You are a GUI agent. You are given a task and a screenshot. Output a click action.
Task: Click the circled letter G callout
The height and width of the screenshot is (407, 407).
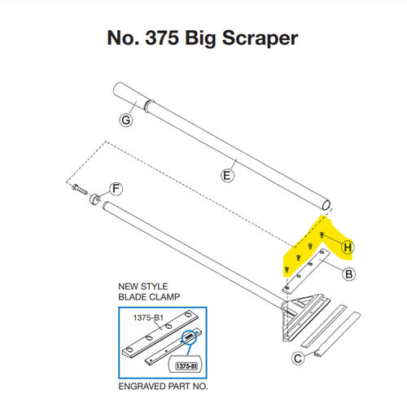[x=125, y=120]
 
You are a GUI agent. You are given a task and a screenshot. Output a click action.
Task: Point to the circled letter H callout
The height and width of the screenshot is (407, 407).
[x=348, y=247]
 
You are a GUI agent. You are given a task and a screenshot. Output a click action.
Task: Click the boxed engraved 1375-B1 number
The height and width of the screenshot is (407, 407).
[x=186, y=367]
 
